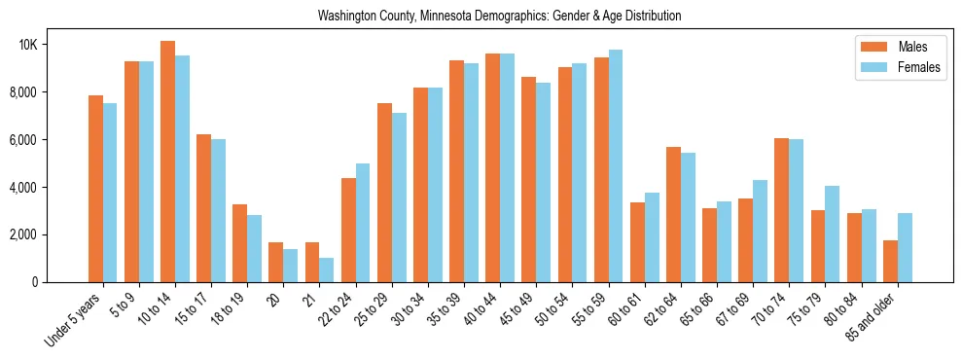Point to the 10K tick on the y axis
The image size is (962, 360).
pos(25,45)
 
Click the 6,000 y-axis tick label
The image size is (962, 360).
pos(21,140)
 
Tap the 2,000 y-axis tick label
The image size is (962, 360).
pos(21,234)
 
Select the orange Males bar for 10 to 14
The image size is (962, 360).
pos(167,162)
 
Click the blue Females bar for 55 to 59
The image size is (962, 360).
pos(615,166)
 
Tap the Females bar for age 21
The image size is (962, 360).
pos(327,270)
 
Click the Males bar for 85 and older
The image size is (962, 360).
pos(890,261)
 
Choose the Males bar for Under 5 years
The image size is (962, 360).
pos(95,189)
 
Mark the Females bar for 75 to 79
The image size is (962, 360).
pos(833,234)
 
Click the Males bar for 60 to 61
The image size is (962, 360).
pos(637,242)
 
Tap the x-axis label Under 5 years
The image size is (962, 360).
pos(74,317)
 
